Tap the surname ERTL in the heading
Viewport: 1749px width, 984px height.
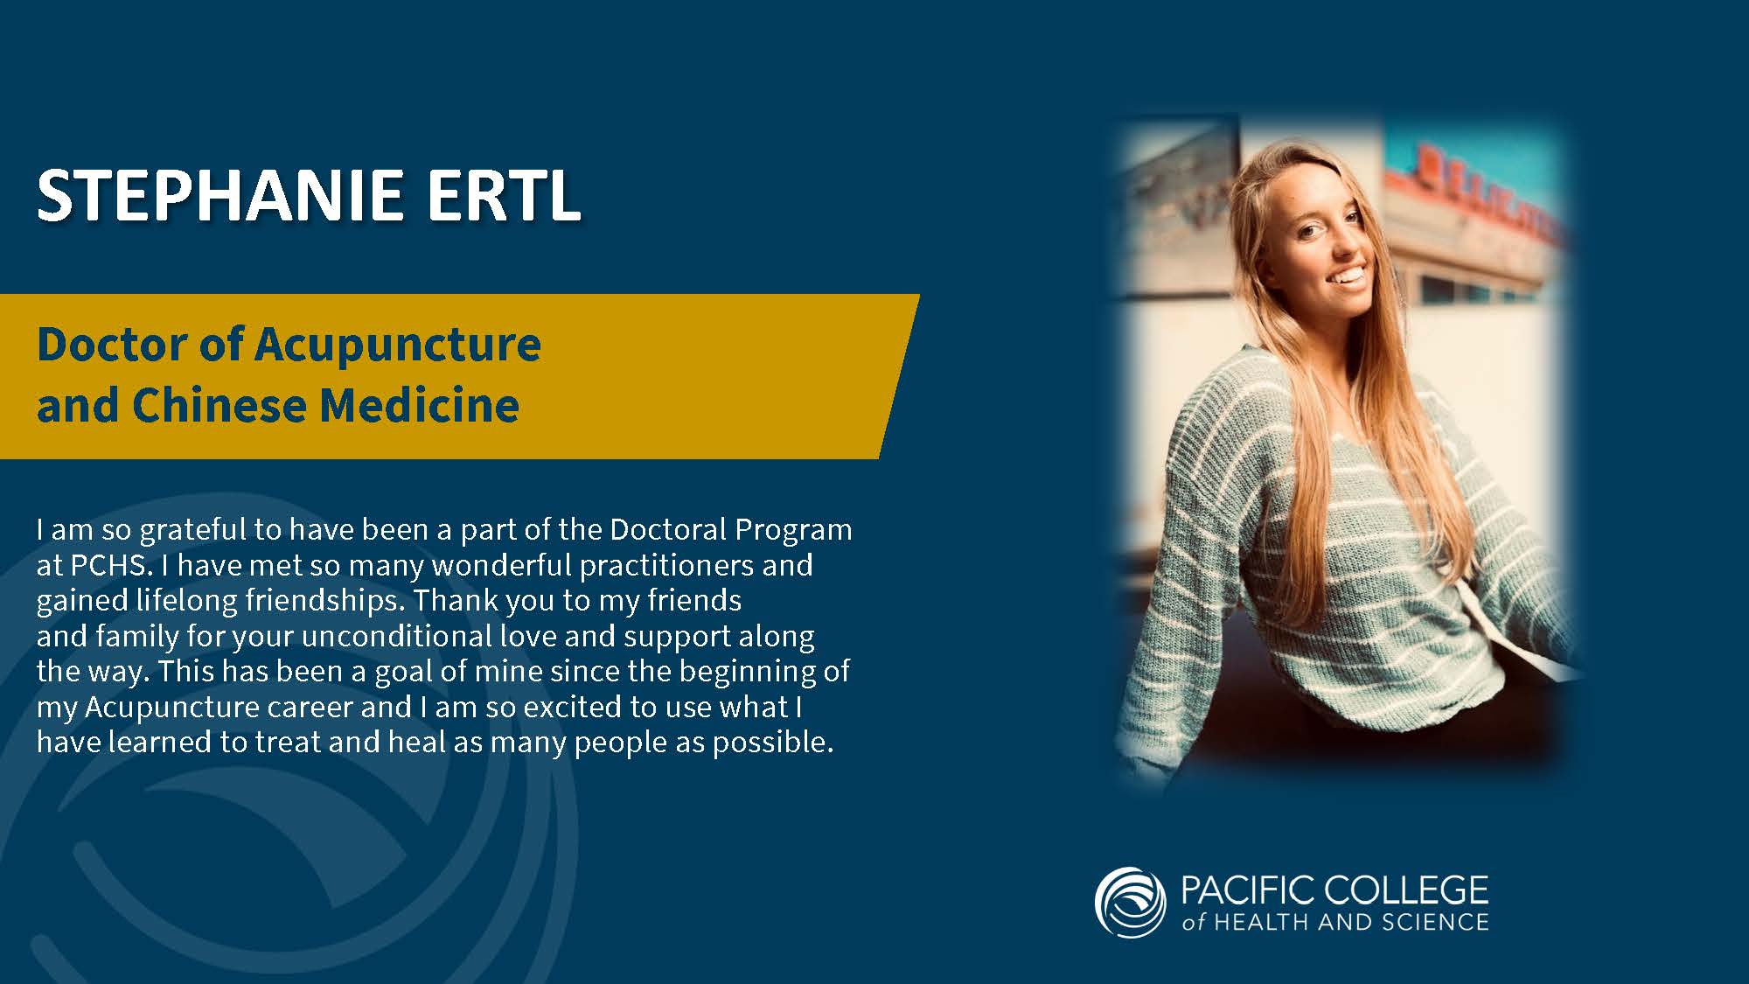pos(504,194)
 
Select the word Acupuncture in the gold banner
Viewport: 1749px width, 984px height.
pos(398,345)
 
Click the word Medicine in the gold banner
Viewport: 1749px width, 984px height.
pos(419,405)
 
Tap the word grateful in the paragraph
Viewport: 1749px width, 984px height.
pos(193,531)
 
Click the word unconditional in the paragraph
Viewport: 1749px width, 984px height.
pos(396,636)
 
